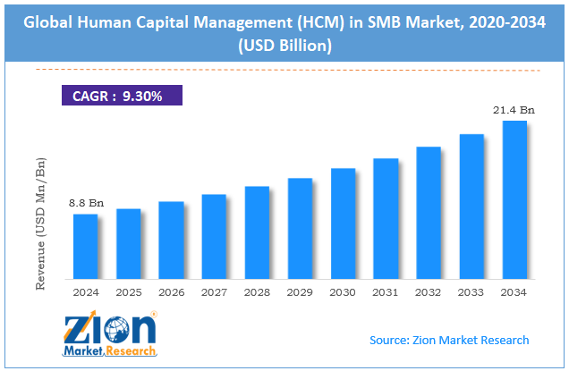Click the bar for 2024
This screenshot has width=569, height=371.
(85, 246)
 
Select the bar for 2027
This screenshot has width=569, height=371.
(215, 236)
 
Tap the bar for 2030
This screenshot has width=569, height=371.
(344, 223)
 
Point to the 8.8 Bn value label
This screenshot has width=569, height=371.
(86, 204)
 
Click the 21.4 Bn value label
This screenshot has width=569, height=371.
(514, 109)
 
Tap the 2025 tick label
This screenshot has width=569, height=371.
(129, 291)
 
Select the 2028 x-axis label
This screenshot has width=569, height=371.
(258, 291)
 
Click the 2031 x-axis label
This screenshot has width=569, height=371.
(386, 291)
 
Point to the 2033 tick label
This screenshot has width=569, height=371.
(471, 291)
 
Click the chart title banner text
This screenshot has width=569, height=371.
(284, 29)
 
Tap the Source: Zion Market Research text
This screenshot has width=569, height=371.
(449, 340)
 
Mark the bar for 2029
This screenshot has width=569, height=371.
(301, 228)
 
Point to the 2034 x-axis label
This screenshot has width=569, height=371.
(514, 291)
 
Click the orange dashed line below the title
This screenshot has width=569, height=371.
(284, 69)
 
